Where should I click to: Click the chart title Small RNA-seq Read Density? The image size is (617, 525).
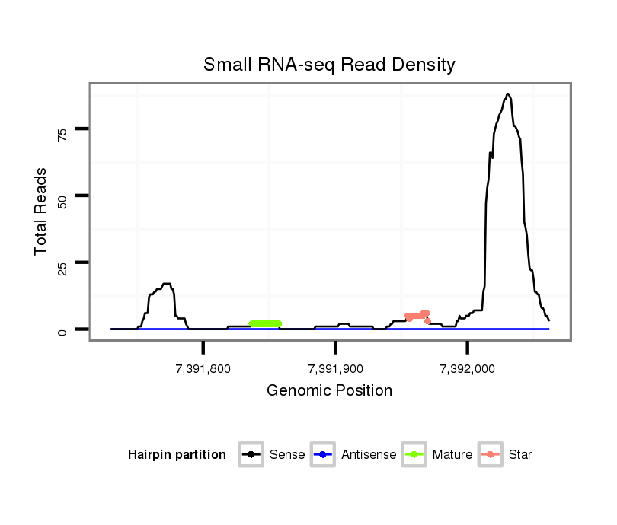(329, 65)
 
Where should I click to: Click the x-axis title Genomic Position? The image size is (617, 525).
(329, 391)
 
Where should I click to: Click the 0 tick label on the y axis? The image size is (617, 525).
(62, 330)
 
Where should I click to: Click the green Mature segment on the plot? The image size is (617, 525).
(265, 324)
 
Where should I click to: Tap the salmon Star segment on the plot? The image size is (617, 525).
(417, 315)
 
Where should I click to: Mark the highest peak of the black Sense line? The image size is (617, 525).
(507, 94)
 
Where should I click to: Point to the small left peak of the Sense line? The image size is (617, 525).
(166, 284)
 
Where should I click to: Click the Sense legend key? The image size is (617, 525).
(251, 455)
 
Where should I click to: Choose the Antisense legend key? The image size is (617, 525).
(324, 455)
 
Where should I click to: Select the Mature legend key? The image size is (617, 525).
(414, 455)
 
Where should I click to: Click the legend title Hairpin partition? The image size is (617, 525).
(177, 455)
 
